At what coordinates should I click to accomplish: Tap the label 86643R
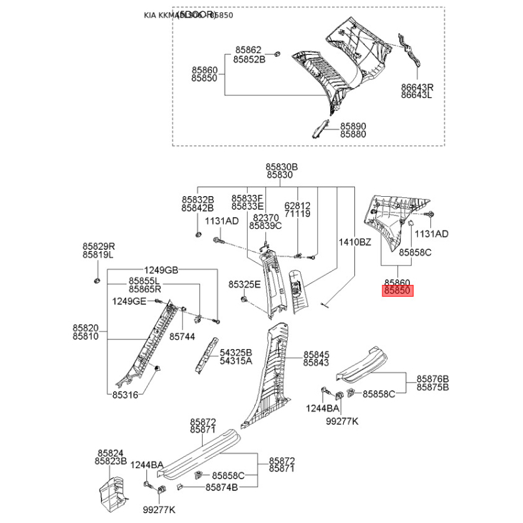417,87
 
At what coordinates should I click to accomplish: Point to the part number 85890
353,126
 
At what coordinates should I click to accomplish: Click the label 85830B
282,167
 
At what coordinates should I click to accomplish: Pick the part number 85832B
197,199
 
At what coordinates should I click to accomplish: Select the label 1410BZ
355,243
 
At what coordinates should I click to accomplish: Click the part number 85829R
98,246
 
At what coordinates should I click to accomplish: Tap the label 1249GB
161,271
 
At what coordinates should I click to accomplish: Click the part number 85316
125,394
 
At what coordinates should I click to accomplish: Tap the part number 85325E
245,284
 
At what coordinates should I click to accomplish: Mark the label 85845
316,354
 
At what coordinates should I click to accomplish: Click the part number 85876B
432,379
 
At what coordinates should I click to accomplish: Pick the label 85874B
222,488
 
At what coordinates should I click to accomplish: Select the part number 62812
297,205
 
